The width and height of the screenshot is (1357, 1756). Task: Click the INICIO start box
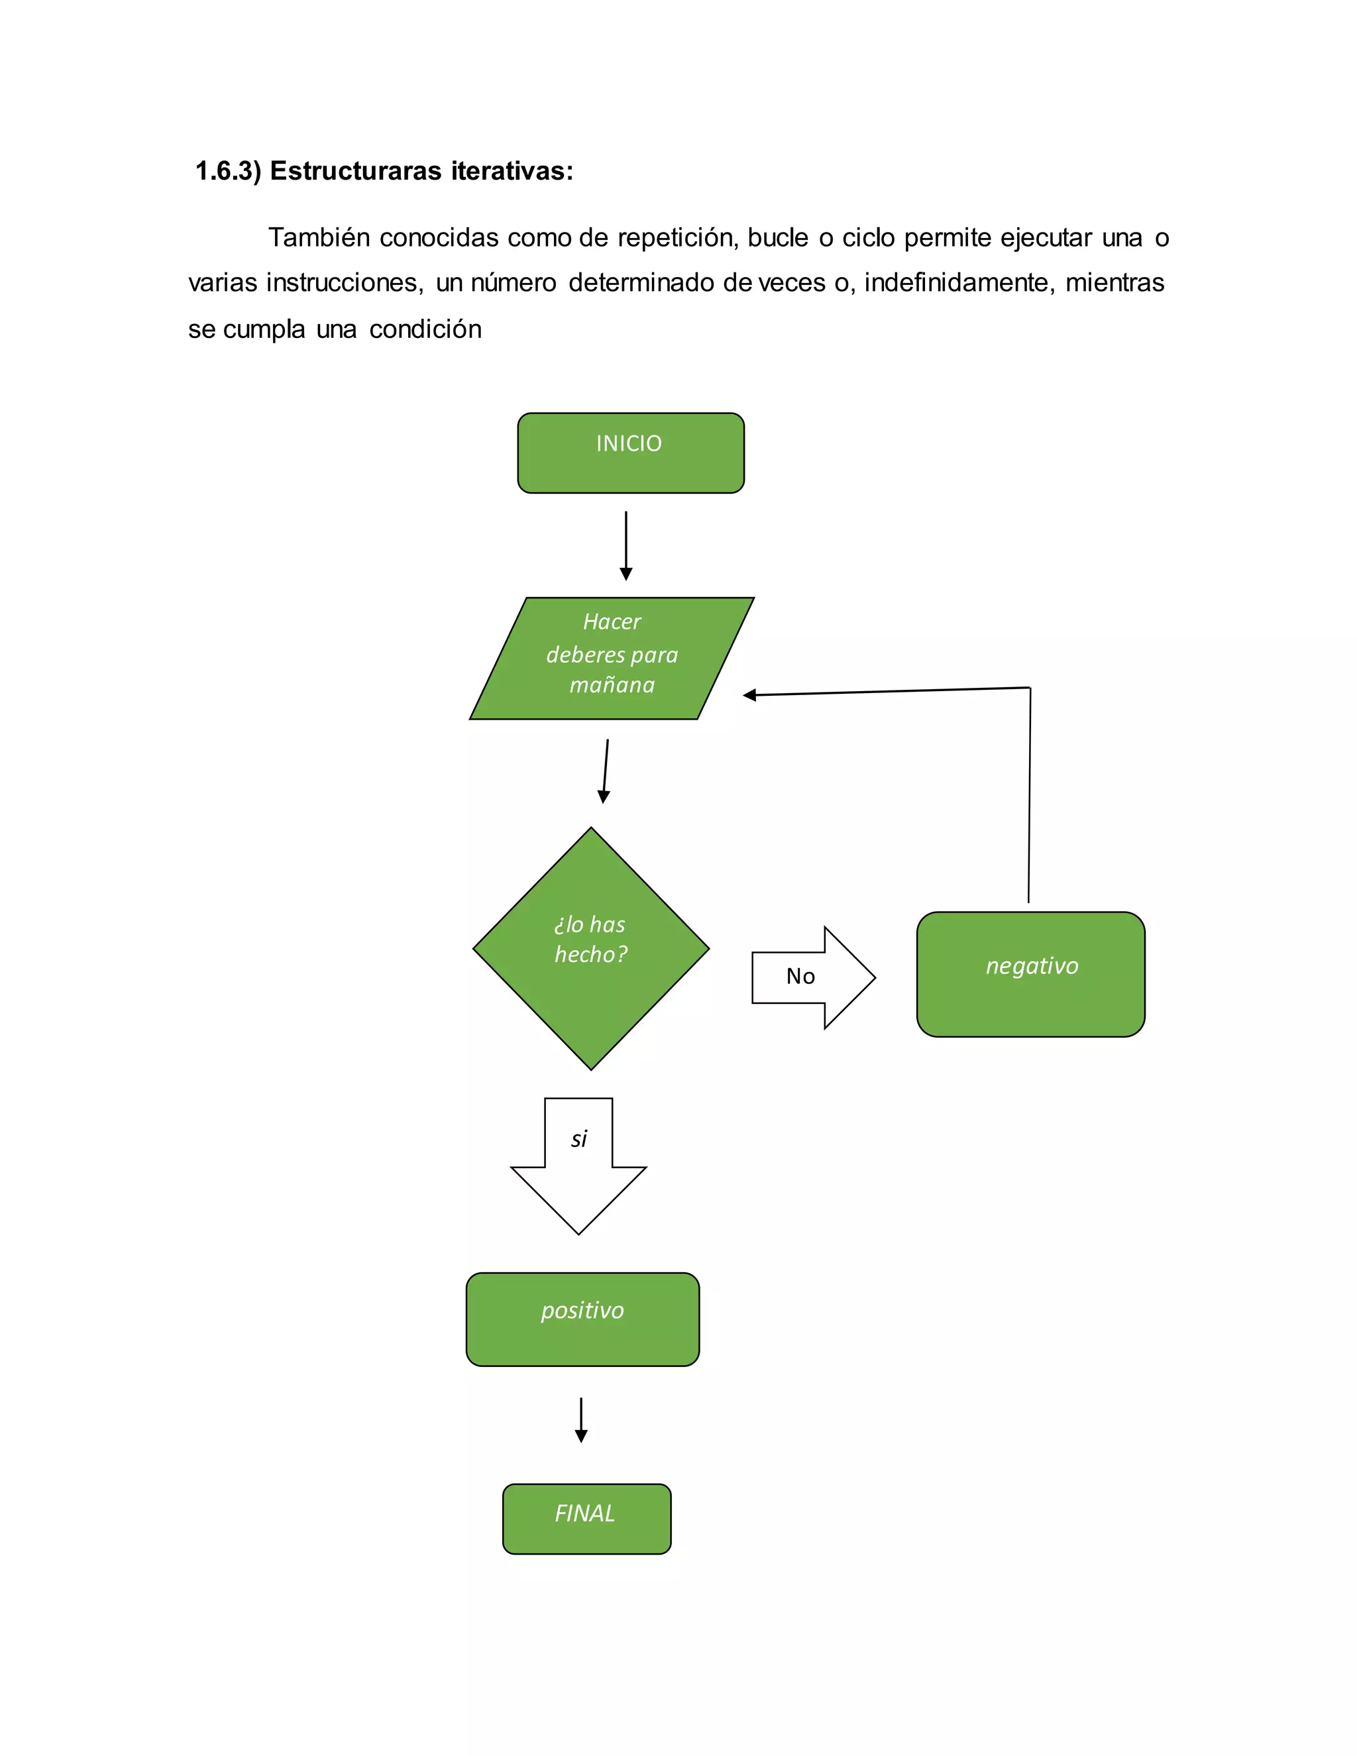tap(630, 453)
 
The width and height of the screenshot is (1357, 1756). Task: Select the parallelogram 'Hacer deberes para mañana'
tap(612, 658)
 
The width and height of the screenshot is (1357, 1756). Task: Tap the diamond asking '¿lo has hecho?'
tap(591, 948)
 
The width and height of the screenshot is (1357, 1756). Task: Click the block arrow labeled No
tap(812, 977)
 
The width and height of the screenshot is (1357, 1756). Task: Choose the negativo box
tap(1030, 973)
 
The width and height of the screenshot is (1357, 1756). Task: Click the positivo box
tap(582, 1319)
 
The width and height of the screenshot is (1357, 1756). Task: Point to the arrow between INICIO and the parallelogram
tap(625, 545)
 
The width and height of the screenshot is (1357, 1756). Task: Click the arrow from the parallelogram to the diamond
tap(606, 770)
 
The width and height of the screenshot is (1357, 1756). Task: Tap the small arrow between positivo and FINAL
tap(580, 1419)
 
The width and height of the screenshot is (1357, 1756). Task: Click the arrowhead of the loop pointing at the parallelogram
tap(749, 694)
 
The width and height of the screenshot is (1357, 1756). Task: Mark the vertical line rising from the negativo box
tap(1029, 796)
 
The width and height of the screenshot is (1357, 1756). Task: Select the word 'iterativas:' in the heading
tap(512, 171)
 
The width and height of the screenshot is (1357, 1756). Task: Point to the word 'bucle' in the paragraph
tap(777, 238)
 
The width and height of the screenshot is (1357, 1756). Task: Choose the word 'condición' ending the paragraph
tap(425, 329)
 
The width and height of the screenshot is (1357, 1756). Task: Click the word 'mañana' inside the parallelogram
tap(612, 685)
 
